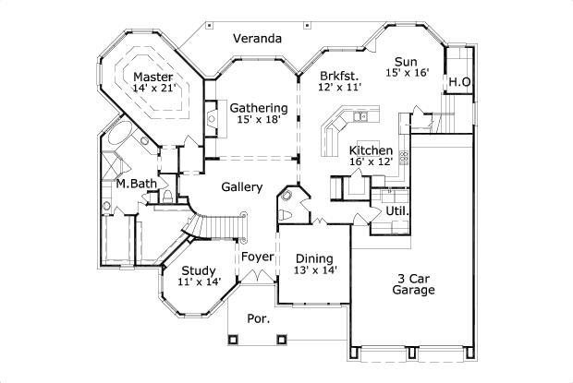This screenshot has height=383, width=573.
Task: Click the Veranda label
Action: (x=257, y=39)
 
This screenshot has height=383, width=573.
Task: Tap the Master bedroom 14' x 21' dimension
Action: (x=155, y=89)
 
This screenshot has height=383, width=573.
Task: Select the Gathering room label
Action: (x=259, y=108)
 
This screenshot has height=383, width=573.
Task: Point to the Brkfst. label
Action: (x=339, y=77)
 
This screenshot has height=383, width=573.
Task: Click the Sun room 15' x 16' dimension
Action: (x=407, y=72)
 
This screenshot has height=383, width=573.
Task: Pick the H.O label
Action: (x=459, y=82)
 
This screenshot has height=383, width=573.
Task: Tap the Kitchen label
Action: (x=371, y=150)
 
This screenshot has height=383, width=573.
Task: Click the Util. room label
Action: (x=397, y=210)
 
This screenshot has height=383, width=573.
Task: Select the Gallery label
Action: (x=242, y=187)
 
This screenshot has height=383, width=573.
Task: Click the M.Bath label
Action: (x=136, y=184)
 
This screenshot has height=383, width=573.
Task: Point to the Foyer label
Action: (x=257, y=257)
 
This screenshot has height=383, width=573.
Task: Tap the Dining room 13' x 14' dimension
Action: (x=315, y=269)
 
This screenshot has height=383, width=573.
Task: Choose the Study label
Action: (x=199, y=271)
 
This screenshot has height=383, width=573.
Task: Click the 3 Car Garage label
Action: (x=414, y=284)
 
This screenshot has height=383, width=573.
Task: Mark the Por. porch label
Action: (x=259, y=318)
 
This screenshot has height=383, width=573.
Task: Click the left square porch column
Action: (x=233, y=340)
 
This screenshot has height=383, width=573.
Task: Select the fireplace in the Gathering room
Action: (x=212, y=118)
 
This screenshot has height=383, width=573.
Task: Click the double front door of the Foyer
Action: (x=257, y=277)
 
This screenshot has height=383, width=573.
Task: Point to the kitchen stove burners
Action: (x=404, y=157)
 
